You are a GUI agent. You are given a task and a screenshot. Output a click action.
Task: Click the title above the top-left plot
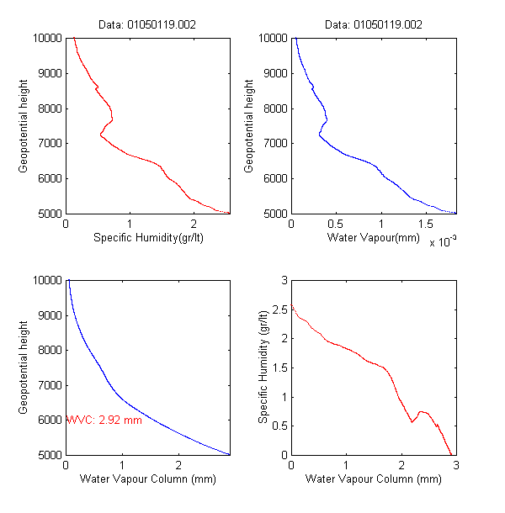point(148,25)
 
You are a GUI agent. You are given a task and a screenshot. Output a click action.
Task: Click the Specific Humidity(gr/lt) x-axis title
point(148,238)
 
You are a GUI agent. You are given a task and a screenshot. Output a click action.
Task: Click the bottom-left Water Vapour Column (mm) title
point(148,479)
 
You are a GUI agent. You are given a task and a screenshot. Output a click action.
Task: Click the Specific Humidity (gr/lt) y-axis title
point(263,367)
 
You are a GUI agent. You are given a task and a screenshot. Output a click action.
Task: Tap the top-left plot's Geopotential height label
point(24,125)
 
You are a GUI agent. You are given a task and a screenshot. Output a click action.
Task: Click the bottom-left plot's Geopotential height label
point(24,367)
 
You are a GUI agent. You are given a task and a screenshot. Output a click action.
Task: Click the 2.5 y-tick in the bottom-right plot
point(278,309)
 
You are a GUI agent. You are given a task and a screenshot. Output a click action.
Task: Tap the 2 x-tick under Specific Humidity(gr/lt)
point(194,225)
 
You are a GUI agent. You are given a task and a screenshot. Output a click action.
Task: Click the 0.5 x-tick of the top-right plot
point(336,225)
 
